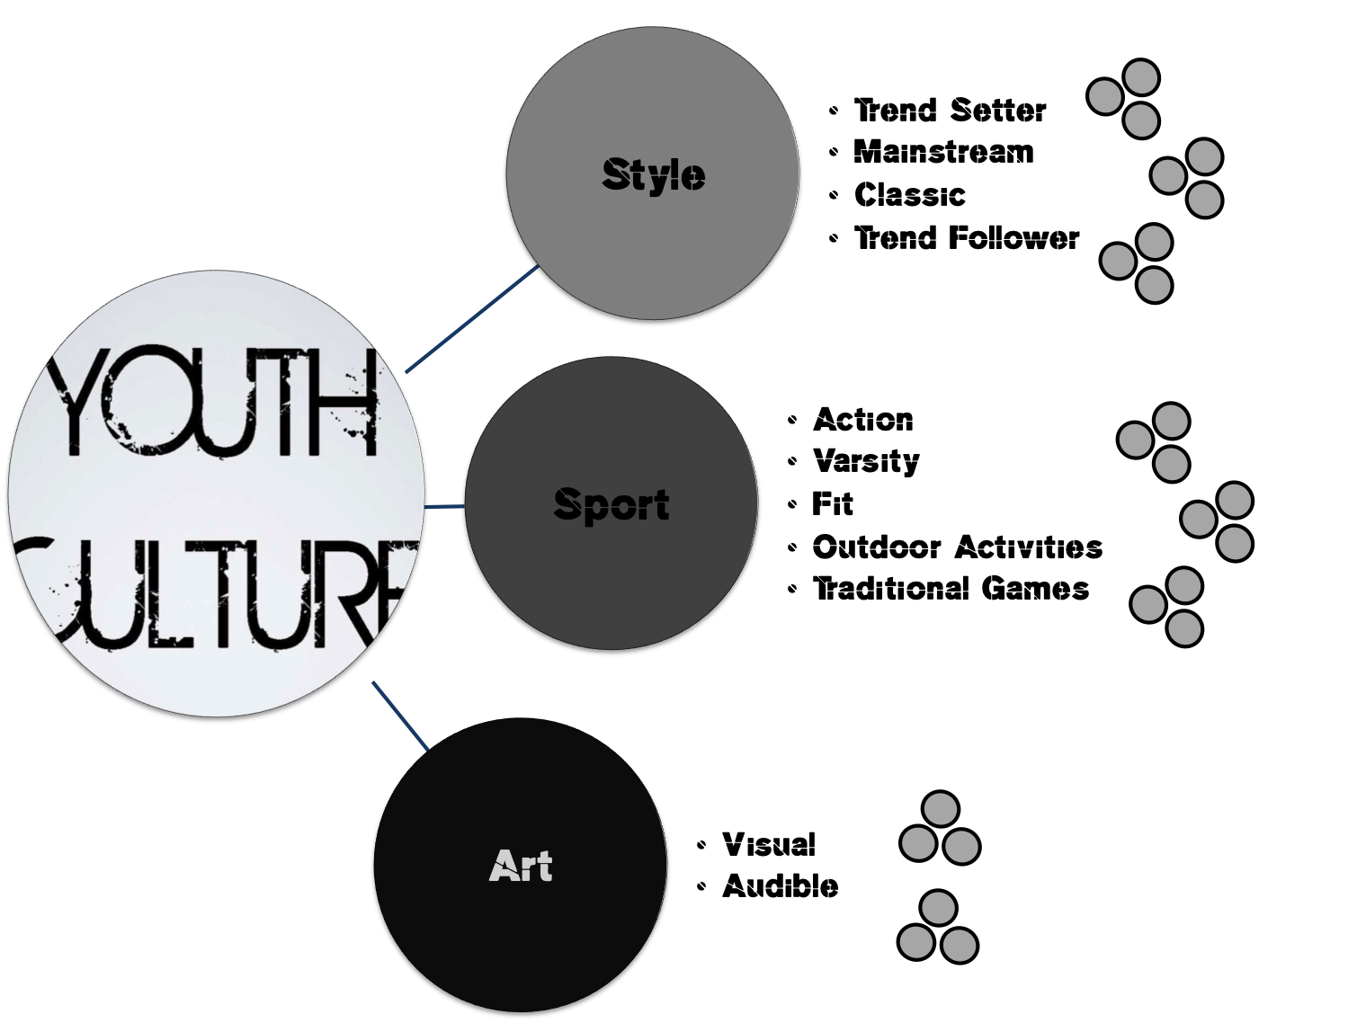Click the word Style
(x=653, y=174)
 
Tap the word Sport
(x=612, y=504)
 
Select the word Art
(x=521, y=867)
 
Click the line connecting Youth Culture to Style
(x=471, y=319)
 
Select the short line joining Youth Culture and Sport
(x=444, y=507)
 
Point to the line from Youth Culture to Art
(x=400, y=716)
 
